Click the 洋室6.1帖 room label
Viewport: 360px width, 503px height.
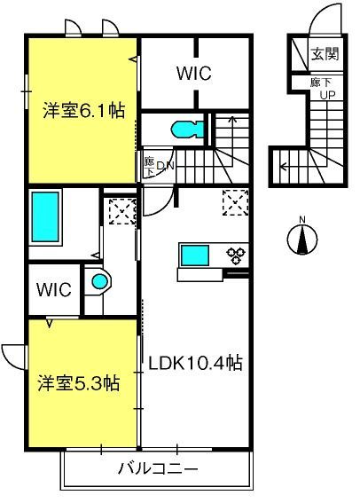pos(84,111)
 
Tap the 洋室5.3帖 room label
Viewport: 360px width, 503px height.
pos(79,383)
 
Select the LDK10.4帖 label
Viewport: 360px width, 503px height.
pos(195,363)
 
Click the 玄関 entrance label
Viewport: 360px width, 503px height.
pos(325,54)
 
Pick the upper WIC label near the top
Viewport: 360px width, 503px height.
pos(194,73)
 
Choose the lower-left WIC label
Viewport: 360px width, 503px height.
pos(53,290)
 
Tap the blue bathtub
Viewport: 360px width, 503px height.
pos(45,217)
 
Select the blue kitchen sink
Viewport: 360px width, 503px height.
pos(195,255)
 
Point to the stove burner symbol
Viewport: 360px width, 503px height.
pos(236,255)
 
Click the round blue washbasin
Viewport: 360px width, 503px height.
pos(100,281)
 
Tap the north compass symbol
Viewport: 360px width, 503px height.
pos(302,239)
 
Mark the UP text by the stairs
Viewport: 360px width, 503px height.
pos(327,95)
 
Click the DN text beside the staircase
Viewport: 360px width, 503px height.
pos(165,166)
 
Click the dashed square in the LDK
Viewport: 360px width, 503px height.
pos(236,202)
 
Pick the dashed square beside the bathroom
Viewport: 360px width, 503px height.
pos(122,211)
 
